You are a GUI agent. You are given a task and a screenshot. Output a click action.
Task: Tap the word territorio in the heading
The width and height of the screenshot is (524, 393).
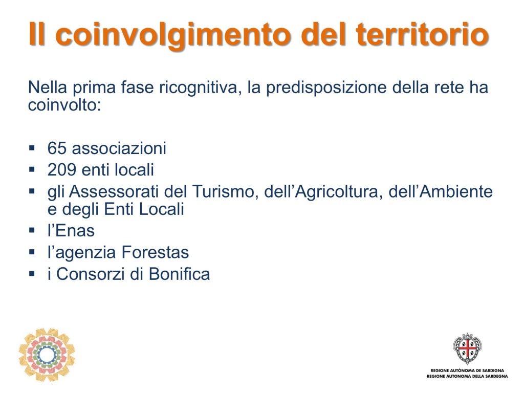pyautogui.click(x=423, y=34)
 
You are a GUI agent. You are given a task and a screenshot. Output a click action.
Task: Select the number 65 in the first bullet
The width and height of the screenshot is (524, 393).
pyautogui.click(x=57, y=148)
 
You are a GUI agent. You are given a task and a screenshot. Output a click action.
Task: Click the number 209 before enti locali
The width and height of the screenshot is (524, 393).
pyautogui.click(x=62, y=170)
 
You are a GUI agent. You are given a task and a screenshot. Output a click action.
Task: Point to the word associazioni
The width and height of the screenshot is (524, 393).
pyautogui.click(x=119, y=148)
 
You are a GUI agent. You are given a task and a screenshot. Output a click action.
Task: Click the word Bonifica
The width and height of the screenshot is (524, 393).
pyautogui.click(x=179, y=274)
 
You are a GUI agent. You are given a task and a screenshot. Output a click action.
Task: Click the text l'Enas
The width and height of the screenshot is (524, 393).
pyautogui.click(x=71, y=231)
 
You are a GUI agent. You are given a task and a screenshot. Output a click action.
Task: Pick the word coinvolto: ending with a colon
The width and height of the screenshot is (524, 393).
pyautogui.click(x=64, y=105)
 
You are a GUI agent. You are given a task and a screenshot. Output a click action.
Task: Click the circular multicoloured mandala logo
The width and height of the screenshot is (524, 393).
pyautogui.click(x=47, y=355)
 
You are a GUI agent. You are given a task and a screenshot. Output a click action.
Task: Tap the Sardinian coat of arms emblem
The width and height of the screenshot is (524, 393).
pyautogui.click(x=467, y=348)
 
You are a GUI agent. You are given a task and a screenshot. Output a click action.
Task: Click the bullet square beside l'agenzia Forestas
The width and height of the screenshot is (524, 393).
pyautogui.click(x=32, y=252)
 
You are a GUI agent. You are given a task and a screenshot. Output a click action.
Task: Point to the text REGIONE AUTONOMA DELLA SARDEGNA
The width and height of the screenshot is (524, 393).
pyautogui.click(x=467, y=376)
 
